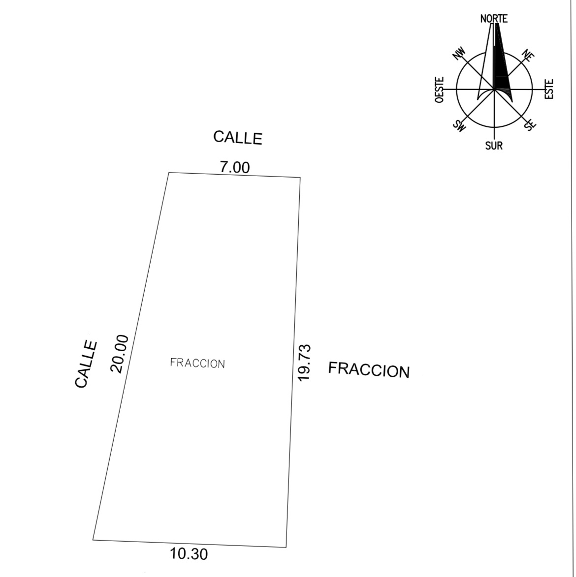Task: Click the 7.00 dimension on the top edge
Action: pyautogui.click(x=235, y=167)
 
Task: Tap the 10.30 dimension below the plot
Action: pyautogui.click(x=189, y=554)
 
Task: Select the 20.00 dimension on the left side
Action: pyautogui.click(x=120, y=354)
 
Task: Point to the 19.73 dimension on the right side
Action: pyautogui.click(x=304, y=363)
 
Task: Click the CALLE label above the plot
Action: pyautogui.click(x=238, y=138)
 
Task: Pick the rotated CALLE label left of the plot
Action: pyautogui.click(x=86, y=364)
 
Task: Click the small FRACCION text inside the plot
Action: pyautogui.click(x=197, y=363)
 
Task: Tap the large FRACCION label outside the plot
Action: pyautogui.click(x=369, y=370)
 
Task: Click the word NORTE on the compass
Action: pyautogui.click(x=494, y=19)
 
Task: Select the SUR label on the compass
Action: pyautogui.click(x=494, y=146)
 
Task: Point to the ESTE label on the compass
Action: pyautogui.click(x=549, y=89)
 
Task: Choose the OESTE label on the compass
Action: pyautogui.click(x=439, y=90)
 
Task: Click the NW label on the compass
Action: pyautogui.click(x=459, y=54)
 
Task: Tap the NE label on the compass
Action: pyautogui.click(x=528, y=56)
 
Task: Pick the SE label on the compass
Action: pyautogui.click(x=530, y=124)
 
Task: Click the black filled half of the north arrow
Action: pyautogui.click(x=501, y=66)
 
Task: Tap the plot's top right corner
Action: pyautogui.click(x=300, y=178)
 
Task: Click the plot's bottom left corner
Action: pyautogui.click(x=93, y=540)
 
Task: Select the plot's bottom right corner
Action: pyautogui.click(x=286, y=547)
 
